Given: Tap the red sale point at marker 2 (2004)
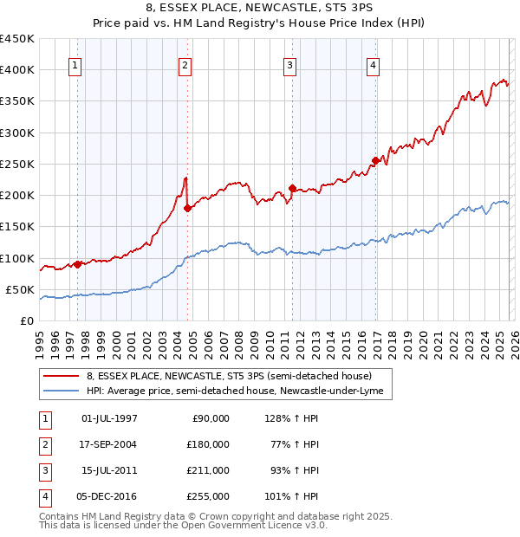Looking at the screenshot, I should pyautogui.click(x=188, y=208).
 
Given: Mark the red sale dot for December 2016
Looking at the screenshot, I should pyautogui.click(x=375, y=160).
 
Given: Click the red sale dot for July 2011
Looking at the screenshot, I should pyautogui.click(x=292, y=188).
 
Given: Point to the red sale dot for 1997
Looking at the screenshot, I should pyautogui.click(x=78, y=264).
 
